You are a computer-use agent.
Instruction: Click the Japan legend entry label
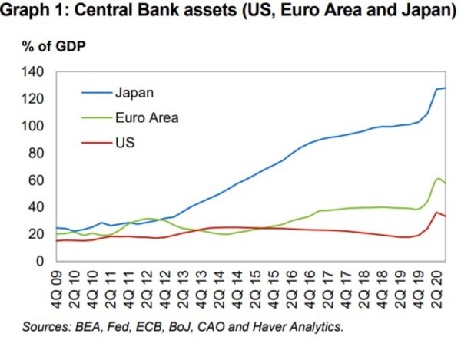click(134, 94)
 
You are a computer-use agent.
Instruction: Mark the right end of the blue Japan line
click(446, 88)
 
